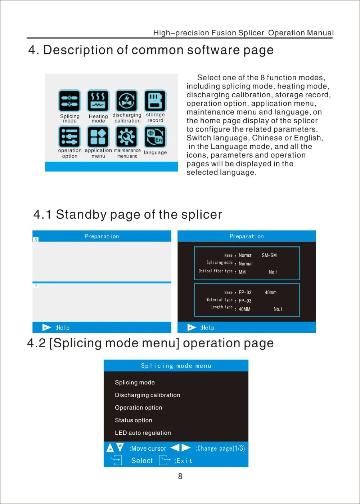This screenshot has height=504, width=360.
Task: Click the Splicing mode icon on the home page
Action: (69, 101)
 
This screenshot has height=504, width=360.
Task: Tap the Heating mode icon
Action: (98, 101)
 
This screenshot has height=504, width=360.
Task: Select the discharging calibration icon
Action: (126, 101)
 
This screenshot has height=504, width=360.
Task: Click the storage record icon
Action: (155, 101)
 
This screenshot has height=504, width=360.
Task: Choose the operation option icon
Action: (69, 137)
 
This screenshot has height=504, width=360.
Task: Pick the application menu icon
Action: (98, 137)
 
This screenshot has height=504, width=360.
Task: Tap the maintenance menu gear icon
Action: (126, 137)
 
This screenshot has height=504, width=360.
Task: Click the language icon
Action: (155, 137)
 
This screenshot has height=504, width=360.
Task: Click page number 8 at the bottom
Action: (180, 476)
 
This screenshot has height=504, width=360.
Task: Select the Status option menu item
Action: (134, 420)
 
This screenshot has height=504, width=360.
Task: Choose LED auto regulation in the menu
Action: (143, 433)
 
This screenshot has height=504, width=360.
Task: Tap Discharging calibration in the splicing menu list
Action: (148, 395)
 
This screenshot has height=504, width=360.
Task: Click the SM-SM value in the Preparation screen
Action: (269, 255)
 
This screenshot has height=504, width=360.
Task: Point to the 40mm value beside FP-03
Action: (271, 293)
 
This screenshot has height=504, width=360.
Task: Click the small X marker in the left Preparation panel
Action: (36, 240)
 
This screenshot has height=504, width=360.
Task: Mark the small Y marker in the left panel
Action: (36, 286)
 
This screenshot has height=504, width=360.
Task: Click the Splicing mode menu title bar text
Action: (176, 366)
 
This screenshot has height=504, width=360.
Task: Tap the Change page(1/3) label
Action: (220, 449)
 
